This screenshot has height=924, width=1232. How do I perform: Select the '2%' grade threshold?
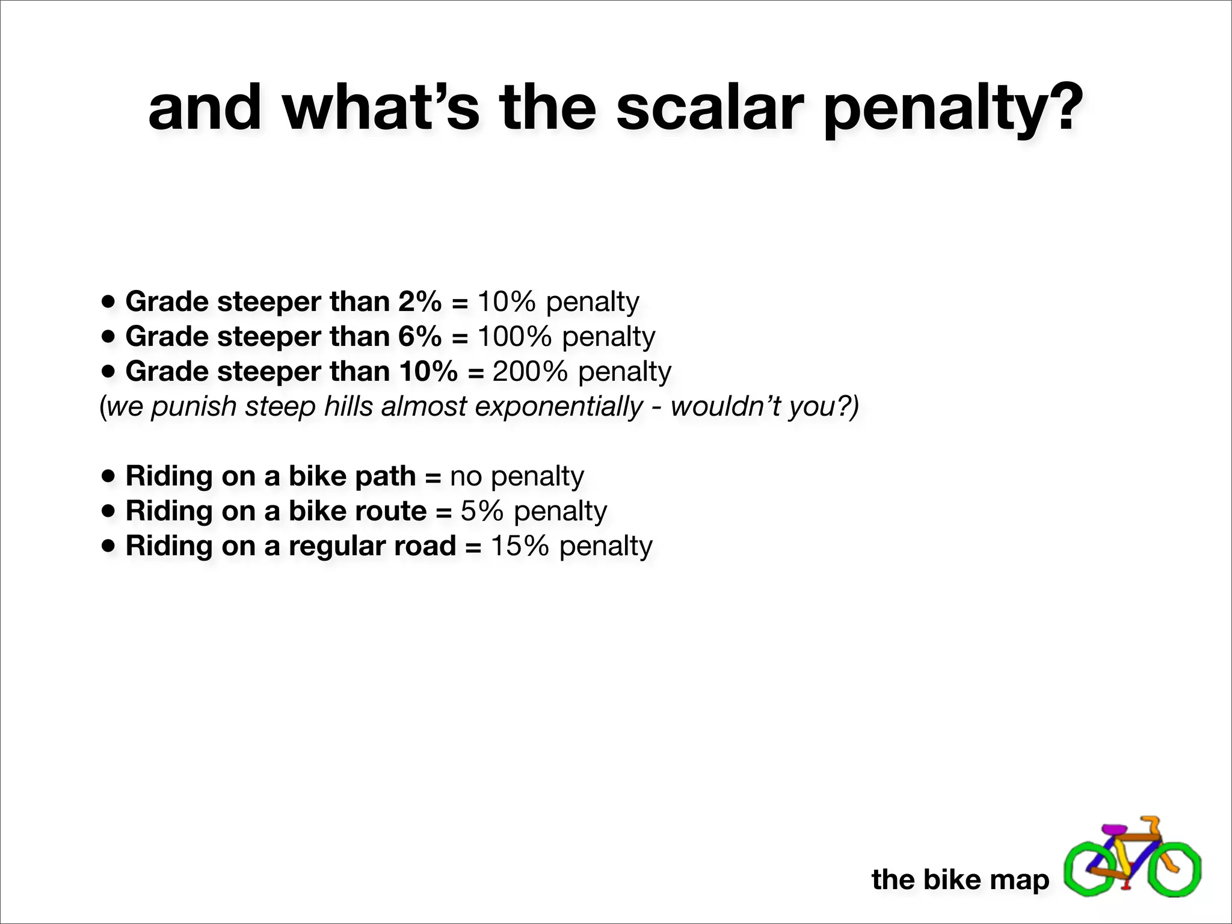419,301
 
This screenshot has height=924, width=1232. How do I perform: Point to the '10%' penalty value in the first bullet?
507,301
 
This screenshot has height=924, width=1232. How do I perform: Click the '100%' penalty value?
514,336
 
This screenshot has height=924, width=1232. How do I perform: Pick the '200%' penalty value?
530,371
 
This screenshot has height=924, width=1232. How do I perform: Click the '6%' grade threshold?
419,336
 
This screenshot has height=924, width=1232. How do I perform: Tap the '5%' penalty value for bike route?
482,511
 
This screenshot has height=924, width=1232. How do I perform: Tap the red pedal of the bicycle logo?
1127,885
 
